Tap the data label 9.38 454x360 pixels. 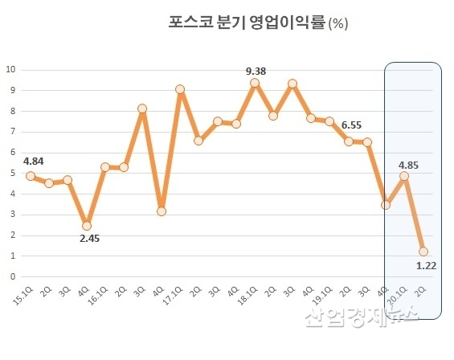tap(256, 72)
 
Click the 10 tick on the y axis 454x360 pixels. tap(10, 70)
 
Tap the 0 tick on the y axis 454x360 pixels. tap(12, 276)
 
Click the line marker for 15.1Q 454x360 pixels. tap(31, 176)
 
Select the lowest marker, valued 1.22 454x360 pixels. tap(423, 252)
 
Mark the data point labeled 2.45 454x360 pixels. tap(87, 226)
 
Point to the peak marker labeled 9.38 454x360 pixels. tap(255, 83)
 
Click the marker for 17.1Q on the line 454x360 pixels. tap(180, 89)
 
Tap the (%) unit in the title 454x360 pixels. tap(337, 23)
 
